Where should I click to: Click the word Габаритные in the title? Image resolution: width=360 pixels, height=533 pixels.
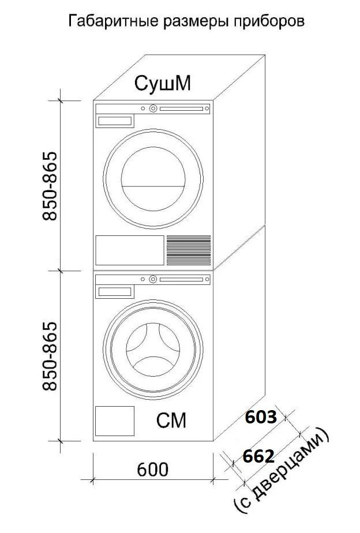[114, 21]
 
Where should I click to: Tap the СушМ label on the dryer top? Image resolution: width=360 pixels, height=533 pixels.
[163, 83]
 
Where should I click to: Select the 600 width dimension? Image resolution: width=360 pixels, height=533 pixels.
[153, 470]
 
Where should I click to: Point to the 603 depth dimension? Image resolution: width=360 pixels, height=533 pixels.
[261, 417]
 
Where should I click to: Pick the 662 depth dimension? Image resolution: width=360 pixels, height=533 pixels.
[258, 456]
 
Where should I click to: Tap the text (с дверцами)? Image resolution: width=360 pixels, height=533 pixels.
[282, 473]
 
